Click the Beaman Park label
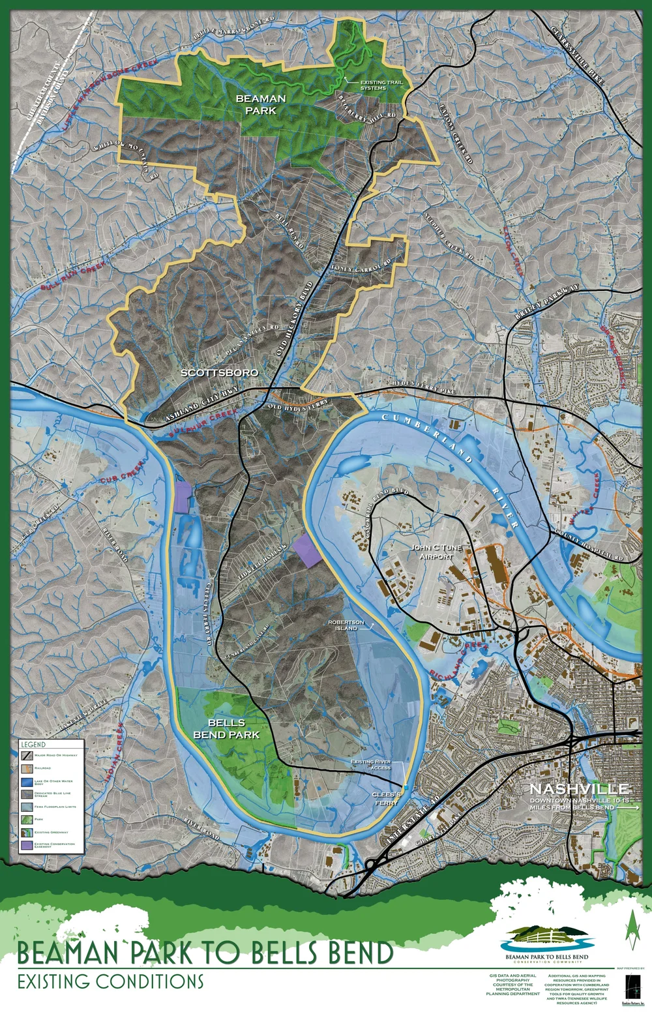[x=260, y=104]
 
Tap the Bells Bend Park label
[x=226, y=728]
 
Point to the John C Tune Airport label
[x=436, y=552]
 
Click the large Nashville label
[x=579, y=788]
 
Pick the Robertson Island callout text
[x=346, y=625]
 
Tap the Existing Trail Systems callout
[x=381, y=85]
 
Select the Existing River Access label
[x=370, y=765]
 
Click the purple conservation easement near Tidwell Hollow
[x=307, y=550]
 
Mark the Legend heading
[x=33, y=744]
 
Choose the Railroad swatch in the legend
[x=27, y=768]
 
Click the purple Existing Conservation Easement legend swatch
[x=27, y=845]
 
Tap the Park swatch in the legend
[x=27, y=820]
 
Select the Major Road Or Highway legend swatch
[x=27, y=755]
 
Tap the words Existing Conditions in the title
[x=110, y=981]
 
